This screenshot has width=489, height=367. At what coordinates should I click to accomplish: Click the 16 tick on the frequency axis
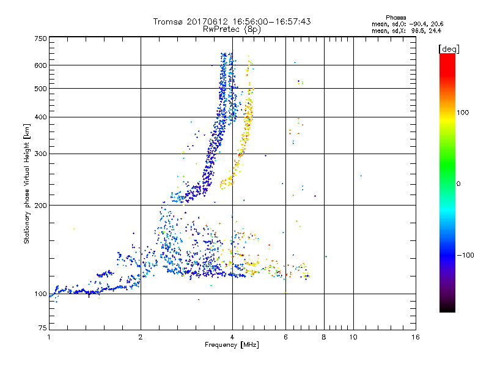click(x=416, y=337)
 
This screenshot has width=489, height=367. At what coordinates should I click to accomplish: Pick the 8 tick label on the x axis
click(x=324, y=337)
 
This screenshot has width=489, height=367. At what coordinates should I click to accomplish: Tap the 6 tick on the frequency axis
click(x=285, y=337)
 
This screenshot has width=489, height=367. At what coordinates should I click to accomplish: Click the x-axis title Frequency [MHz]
click(x=232, y=346)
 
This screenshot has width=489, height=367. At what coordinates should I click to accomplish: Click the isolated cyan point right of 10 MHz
click(x=361, y=176)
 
